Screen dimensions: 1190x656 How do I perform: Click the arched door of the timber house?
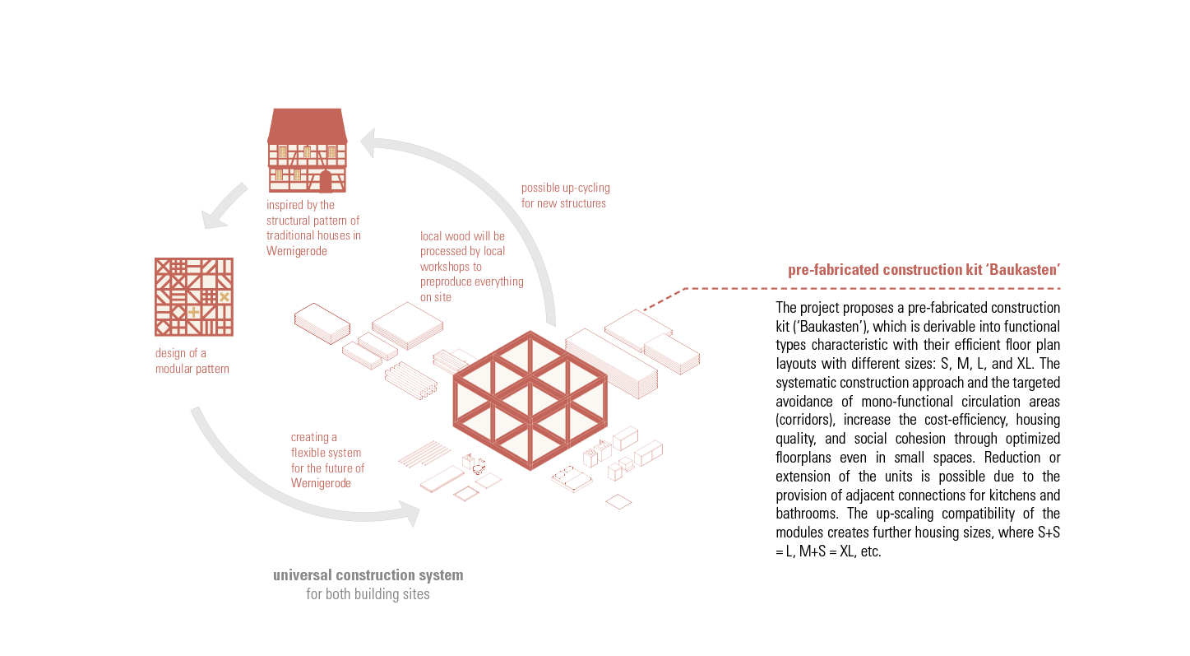point(326,180)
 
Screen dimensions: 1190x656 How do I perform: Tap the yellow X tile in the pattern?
point(224,296)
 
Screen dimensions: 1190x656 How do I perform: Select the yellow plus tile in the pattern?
point(193,312)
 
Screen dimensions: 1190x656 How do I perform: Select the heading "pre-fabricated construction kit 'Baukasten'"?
point(924,270)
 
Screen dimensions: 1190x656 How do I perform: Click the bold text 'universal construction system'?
point(368,575)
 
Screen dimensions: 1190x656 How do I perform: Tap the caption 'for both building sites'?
point(368,593)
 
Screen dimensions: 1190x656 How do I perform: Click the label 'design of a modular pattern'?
point(192,361)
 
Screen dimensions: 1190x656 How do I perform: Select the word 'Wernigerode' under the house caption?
point(296,251)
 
